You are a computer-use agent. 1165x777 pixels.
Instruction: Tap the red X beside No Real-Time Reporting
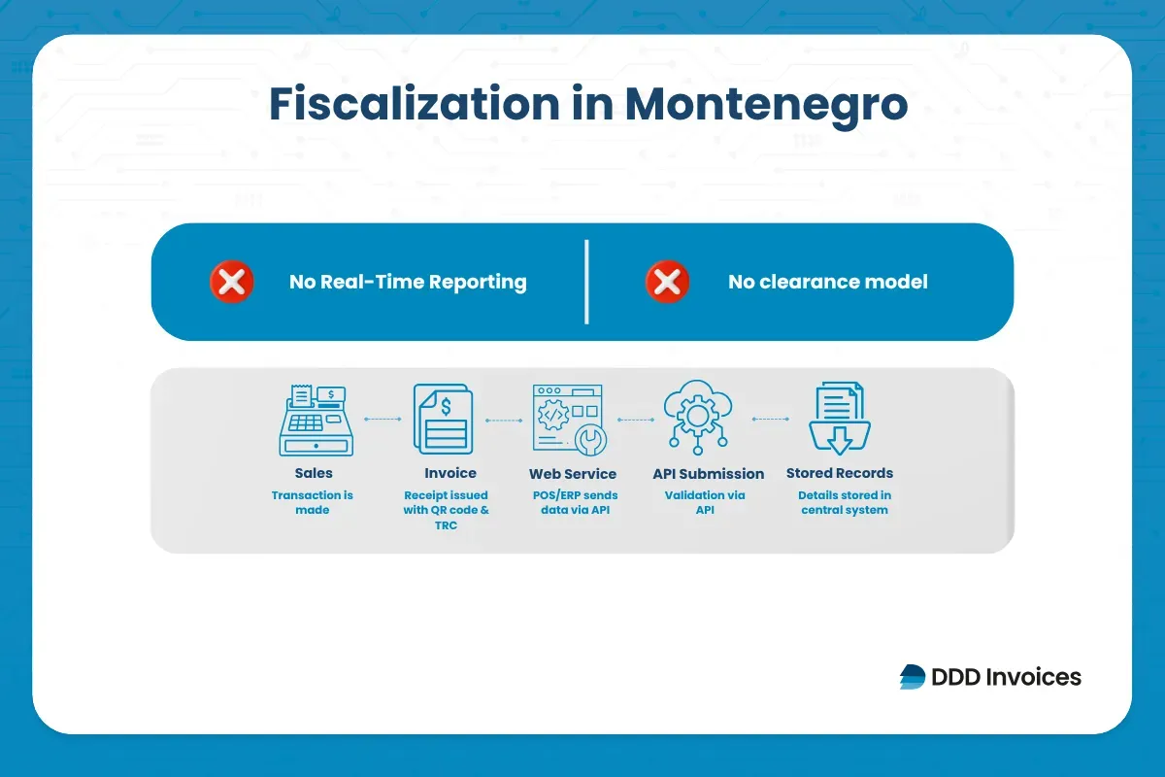[x=232, y=283]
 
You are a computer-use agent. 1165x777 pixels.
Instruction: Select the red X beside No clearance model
[x=667, y=283]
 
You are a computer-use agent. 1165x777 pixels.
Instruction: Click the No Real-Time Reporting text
[x=408, y=283]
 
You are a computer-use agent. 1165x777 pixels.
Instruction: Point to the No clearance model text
[x=827, y=283]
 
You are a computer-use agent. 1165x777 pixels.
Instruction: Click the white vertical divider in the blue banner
[x=586, y=282]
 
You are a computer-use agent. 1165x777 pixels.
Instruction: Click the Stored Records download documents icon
[x=838, y=419]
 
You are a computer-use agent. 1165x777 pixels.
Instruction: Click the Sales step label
[x=313, y=473]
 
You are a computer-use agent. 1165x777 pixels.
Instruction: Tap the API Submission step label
[x=708, y=474]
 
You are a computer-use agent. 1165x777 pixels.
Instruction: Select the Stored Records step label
[x=839, y=473]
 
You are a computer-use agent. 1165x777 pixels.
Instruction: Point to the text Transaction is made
[x=313, y=502]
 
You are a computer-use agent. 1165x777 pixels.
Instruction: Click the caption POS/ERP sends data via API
[x=575, y=502]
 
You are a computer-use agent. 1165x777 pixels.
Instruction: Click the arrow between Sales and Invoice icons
[x=382, y=420]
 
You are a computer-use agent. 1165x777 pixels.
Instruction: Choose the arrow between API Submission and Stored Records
[x=769, y=420]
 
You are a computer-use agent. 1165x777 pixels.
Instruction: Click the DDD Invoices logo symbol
[x=913, y=677]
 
